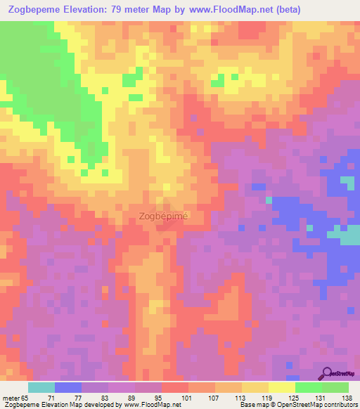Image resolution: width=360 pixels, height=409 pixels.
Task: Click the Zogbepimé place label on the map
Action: [163, 216]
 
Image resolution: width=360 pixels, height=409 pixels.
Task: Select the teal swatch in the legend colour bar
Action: [41, 387]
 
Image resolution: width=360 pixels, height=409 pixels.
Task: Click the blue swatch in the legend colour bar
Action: [68, 387]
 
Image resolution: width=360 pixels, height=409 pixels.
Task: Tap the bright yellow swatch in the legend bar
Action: [281, 387]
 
